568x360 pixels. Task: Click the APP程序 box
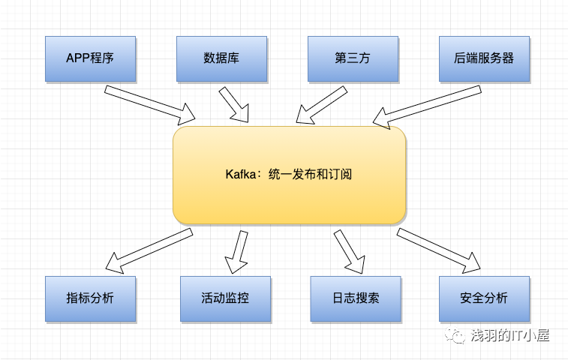click(x=91, y=58)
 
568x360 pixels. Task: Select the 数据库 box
click(x=221, y=58)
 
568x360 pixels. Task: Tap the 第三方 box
click(x=353, y=58)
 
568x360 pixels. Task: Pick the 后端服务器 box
click(x=484, y=58)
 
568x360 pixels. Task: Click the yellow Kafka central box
click(x=290, y=175)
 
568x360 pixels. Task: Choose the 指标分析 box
click(x=91, y=298)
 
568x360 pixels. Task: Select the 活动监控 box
click(x=225, y=298)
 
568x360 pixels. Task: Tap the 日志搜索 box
click(x=356, y=298)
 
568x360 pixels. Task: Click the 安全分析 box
click(x=484, y=298)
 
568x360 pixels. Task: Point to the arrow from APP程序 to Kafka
click(x=150, y=105)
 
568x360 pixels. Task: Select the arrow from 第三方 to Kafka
click(x=321, y=106)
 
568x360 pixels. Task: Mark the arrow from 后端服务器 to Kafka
click(x=427, y=107)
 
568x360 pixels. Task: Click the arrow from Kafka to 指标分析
click(x=149, y=250)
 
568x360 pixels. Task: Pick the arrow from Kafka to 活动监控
click(x=237, y=252)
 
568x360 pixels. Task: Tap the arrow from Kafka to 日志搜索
click(x=349, y=251)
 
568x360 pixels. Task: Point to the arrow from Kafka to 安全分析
click(x=439, y=250)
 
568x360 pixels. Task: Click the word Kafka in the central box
click(x=241, y=174)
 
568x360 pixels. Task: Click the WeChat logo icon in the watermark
click(x=455, y=335)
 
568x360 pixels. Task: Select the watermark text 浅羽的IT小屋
click(x=510, y=335)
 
